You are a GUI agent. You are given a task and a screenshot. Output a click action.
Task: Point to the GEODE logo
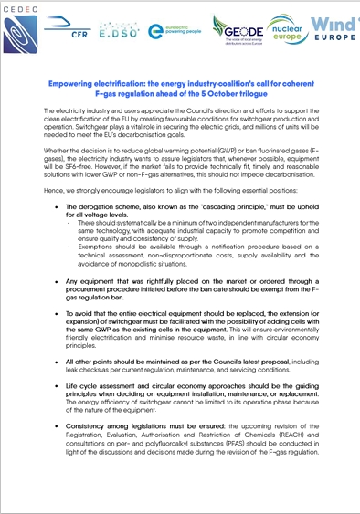click(x=240, y=30)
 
